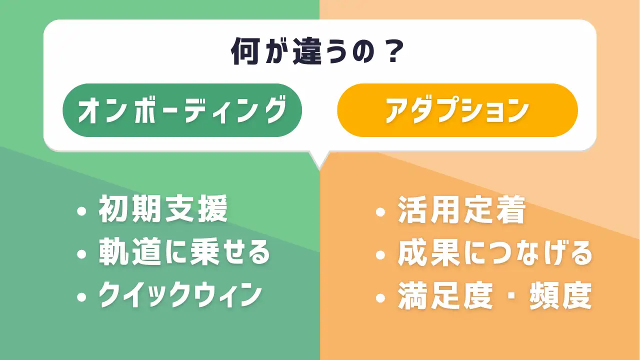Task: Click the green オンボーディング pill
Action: coord(182,110)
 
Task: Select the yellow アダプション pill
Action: coord(457,110)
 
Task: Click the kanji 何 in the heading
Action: coord(245,51)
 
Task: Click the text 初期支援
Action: coord(163,209)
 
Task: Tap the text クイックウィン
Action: coord(180,295)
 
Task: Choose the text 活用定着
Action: coord(461,209)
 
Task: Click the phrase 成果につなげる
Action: coord(495,253)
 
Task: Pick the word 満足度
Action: coord(445,296)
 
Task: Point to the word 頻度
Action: coord(560,296)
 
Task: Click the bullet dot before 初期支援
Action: coord(81,211)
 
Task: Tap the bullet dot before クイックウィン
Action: coord(81,297)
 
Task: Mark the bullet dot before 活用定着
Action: coord(380,212)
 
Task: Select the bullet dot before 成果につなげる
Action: coord(380,255)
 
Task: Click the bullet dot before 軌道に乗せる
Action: coord(81,254)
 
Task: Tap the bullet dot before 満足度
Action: coord(380,298)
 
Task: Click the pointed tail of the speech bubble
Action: coord(319,169)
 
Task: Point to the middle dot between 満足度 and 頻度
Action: coord(511,296)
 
